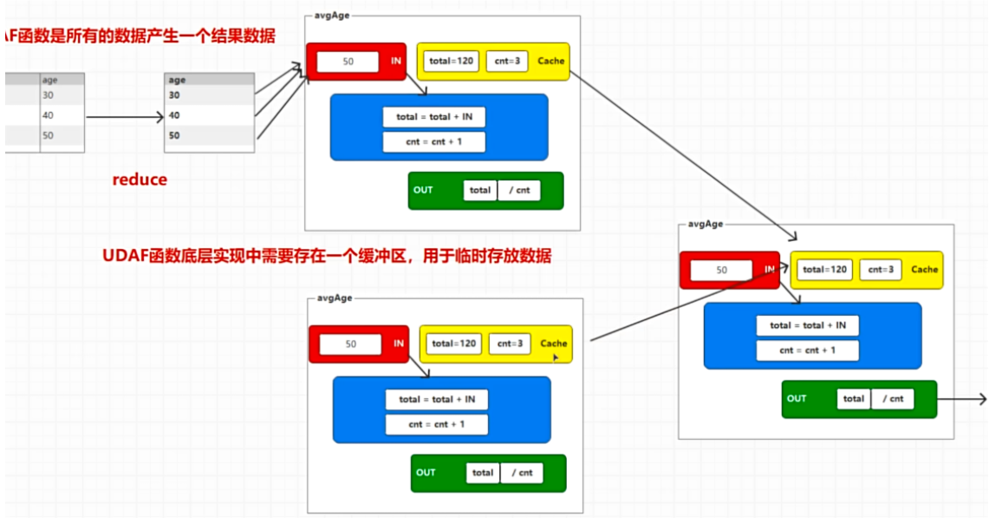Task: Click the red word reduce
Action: click(x=140, y=180)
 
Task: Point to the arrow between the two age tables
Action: click(x=125, y=116)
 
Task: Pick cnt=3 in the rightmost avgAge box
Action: click(x=881, y=270)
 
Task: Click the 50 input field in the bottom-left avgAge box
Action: click(x=350, y=344)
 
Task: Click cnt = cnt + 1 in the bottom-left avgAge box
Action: click(x=437, y=425)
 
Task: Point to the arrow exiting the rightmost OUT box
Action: click(x=962, y=399)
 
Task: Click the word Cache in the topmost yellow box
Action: click(x=550, y=61)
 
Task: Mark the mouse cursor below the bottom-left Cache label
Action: click(x=556, y=356)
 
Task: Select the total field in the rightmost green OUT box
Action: click(x=854, y=399)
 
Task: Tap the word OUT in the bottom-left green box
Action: click(x=426, y=473)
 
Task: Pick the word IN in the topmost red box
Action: click(x=395, y=61)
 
